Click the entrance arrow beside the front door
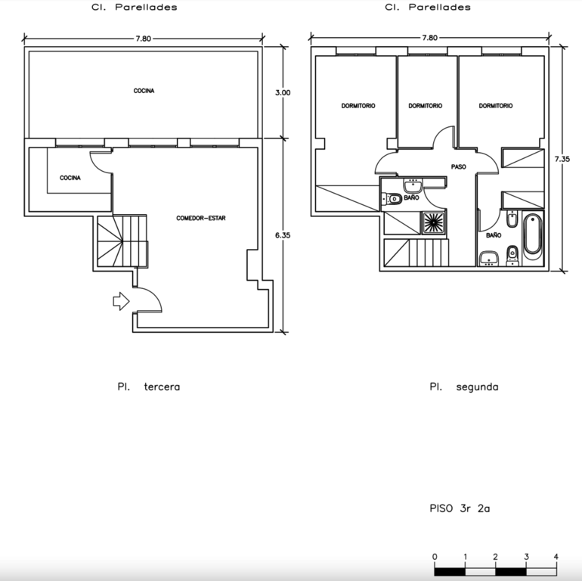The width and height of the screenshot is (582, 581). pyautogui.click(x=121, y=301)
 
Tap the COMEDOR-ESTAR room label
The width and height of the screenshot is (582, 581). pyautogui.click(x=201, y=218)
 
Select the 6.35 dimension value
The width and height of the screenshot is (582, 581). pyautogui.click(x=283, y=235)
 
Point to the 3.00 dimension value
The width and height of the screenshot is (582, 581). pyautogui.click(x=283, y=92)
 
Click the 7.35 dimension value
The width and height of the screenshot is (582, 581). pyautogui.click(x=562, y=159)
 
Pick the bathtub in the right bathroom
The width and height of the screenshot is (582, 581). pyautogui.click(x=532, y=238)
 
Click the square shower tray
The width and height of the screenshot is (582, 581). pyautogui.click(x=433, y=223)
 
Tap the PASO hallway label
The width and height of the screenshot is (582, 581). pyautogui.click(x=458, y=166)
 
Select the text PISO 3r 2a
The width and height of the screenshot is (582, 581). pyautogui.click(x=460, y=508)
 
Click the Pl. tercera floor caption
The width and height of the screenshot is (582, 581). pyautogui.click(x=148, y=387)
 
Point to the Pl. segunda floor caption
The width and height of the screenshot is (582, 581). pyautogui.click(x=464, y=387)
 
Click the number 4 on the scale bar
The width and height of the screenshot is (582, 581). pyautogui.click(x=556, y=557)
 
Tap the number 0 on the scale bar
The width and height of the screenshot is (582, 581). pyautogui.click(x=435, y=557)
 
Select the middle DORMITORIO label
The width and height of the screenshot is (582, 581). pyautogui.click(x=426, y=106)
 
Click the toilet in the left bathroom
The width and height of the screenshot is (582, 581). pyautogui.click(x=392, y=199)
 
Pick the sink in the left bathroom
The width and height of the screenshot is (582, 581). pyautogui.click(x=413, y=185)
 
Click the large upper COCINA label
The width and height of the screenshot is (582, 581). pyautogui.click(x=144, y=91)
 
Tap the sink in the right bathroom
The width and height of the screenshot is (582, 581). pyautogui.click(x=489, y=259)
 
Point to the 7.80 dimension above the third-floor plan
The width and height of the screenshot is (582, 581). pyautogui.click(x=144, y=39)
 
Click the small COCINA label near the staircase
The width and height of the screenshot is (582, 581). pyautogui.click(x=70, y=178)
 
